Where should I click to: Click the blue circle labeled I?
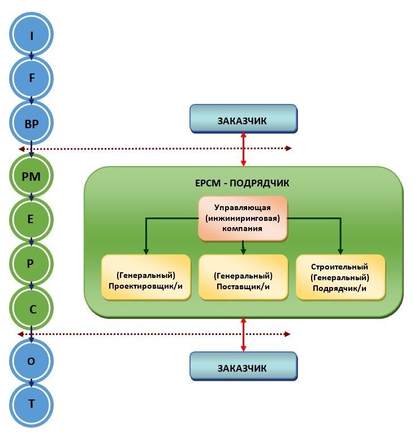pyautogui.click(x=32, y=36)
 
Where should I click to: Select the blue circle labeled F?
pyautogui.click(x=32, y=80)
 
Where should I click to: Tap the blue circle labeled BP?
pyautogui.click(x=32, y=124)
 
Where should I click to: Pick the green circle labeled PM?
pyautogui.click(x=32, y=176)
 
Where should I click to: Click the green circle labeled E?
pyautogui.click(x=32, y=220)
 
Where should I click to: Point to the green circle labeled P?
pyautogui.click(x=32, y=264)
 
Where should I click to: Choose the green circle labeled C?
pyautogui.click(x=32, y=308)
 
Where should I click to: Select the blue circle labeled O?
pyautogui.click(x=32, y=360)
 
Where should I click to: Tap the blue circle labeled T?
pyautogui.click(x=32, y=404)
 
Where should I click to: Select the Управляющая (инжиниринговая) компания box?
pyautogui.click(x=243, y=218)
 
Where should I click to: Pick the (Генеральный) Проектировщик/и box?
pyautogui.click(x=146, y=277)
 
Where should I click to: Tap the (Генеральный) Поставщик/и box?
pyautogui.click(x=243, y=277)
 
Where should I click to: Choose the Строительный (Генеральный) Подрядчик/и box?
pyautogui.click(x=340, y=277)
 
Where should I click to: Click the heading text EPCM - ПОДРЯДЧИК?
pyautogui.click(x=243, y=183)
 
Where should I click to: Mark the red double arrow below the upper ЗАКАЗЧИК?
pyautogui.click(x=244, y=149)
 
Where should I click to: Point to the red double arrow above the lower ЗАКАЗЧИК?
pyautogui.click(x=244, y=334)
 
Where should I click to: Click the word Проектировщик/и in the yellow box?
pyautogui.click(x=146, y=286)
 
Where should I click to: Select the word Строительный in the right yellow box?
pyautogui.click(x=340, y=267)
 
